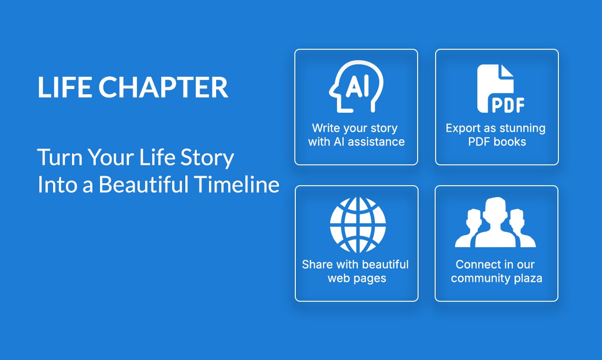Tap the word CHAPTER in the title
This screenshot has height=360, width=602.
point(164,88)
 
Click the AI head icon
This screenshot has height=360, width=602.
point(356,87)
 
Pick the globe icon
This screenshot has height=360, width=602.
point(358,225)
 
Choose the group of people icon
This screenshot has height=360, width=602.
point(495,223)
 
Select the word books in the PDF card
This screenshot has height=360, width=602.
point(511,142)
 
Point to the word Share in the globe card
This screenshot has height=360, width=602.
point(317,264)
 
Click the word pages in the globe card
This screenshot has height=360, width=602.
point(372,278)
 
